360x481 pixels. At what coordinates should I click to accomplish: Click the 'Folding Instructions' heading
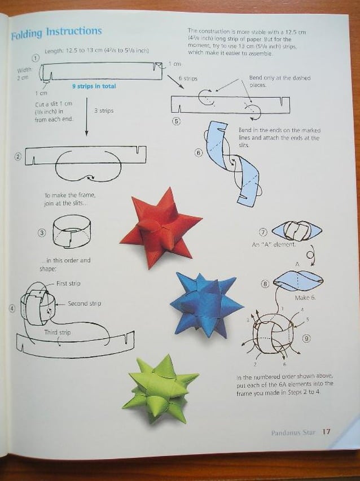(56, 33)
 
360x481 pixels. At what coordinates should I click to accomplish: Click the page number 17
(326, 432)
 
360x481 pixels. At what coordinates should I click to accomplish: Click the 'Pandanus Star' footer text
(293, 432)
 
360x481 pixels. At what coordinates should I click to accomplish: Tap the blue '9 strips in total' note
(94, 86)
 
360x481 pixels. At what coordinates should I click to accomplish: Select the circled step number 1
(36, 58)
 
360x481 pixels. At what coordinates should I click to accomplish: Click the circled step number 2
(18, 156)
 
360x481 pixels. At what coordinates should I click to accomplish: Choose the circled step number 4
(12, 309)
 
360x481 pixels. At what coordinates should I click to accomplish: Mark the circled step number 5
(176, 121)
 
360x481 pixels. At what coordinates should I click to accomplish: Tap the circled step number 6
(198, 152)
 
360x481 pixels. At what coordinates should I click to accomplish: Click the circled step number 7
(263, 232)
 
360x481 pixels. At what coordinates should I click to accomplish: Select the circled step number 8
(265, 283)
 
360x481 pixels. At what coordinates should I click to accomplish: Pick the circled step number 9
(306, 338)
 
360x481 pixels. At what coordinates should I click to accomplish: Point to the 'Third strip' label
(58, 333)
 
